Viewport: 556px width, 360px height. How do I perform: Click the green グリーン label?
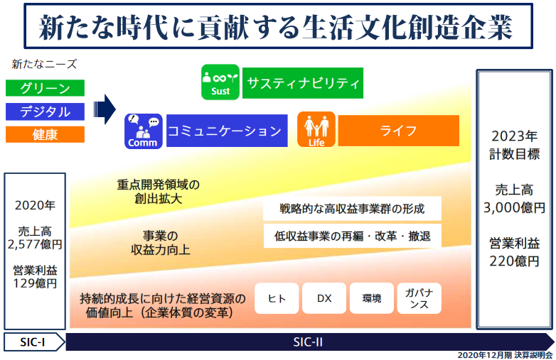45,88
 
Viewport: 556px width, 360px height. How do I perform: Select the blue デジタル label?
45,111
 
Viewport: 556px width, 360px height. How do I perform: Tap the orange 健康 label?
45,134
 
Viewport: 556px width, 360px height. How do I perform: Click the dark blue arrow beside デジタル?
105,109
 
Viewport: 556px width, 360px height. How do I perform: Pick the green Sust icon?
220,82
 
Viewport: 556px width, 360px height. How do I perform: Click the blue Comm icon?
143,131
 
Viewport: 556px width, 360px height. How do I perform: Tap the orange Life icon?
316,129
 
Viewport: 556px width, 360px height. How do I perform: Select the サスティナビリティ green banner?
303,83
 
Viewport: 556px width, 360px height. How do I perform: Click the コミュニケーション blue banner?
227,131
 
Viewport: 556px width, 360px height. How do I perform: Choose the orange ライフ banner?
399,131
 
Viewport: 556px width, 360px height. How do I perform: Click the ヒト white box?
277,298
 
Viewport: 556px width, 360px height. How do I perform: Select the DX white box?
324,298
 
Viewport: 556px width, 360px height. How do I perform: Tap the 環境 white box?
372,298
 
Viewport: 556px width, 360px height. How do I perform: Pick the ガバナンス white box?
419,298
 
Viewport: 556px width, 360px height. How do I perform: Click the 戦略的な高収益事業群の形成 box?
352,209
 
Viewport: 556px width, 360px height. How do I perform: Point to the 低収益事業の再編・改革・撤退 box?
352,236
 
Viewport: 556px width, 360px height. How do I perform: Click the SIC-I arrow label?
34,342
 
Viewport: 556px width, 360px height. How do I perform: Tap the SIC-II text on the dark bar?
308,342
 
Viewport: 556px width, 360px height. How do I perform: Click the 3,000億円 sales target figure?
514,208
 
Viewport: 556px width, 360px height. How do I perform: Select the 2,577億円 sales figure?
35,244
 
